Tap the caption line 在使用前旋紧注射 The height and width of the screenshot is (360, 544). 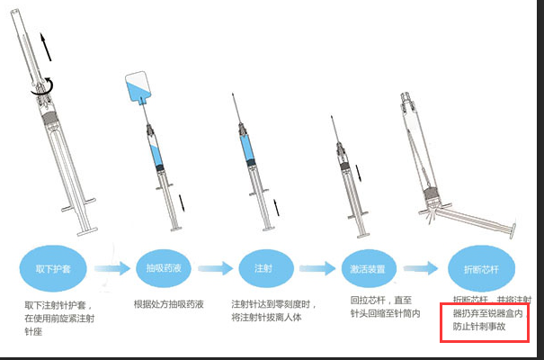coord(60,319)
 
